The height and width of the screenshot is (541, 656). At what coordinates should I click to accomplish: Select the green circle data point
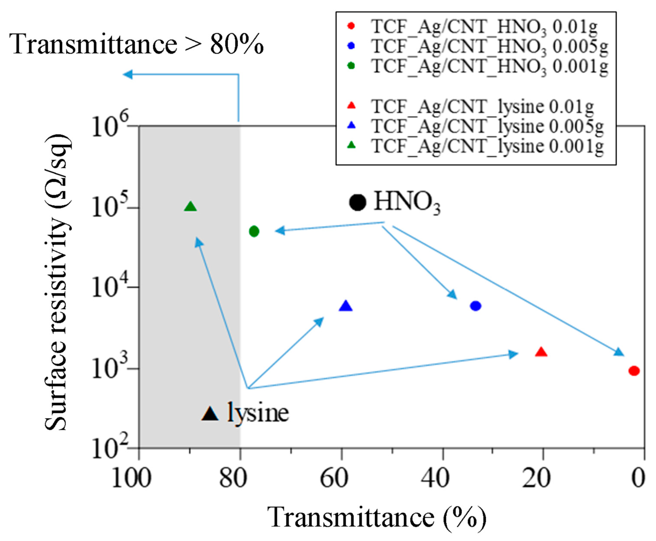[254, 231]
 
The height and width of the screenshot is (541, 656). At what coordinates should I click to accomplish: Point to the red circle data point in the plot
[634, 371]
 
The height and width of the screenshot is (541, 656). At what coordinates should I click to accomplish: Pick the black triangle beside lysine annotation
[210, 414]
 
